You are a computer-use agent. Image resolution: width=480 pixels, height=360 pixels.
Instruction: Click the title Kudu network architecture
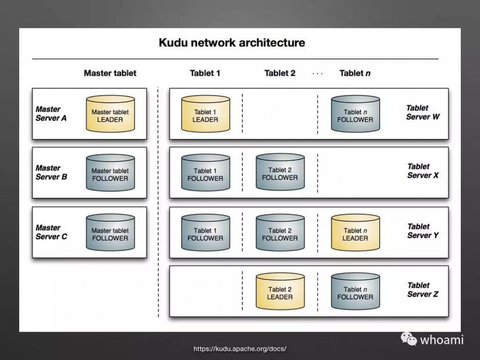pyautogui.click(x=232, y=43)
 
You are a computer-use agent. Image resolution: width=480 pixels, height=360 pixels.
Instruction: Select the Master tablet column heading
pyautogui.click(x=110, y=73)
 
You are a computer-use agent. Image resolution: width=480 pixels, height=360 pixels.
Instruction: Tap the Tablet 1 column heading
pyautogui.click(x=205, y=73)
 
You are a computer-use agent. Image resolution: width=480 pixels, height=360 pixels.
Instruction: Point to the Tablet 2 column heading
pyautogui.click(x=280, y=73)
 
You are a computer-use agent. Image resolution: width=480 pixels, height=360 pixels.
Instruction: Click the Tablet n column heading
pyautogui.click(x=355, y=73)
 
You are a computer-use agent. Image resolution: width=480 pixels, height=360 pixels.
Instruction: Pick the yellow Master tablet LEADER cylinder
pyautogui.click(x=110, y=115)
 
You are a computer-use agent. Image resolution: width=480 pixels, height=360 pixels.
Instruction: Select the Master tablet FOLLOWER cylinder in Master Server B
pyautogui.click(x=110, y=174)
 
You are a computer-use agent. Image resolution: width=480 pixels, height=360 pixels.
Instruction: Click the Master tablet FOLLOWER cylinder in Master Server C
pyautogui.click(x=110, y=233)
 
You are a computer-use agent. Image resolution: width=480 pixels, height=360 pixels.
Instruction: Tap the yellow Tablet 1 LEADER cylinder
pyautogui.click(x=205, y=115)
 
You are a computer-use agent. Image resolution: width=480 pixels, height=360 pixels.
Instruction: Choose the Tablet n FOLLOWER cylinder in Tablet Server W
pyautogui.click(x=355, y=115)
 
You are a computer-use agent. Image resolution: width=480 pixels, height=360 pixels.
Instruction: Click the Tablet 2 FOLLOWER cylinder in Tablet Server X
pyautogui.click(x=280, y=173)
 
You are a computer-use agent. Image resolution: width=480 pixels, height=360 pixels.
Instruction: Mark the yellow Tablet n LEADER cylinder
pyautogui.click(x=355, y=233)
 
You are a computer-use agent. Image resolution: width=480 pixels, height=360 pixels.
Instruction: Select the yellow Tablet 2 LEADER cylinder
pyautogui.click(x=280, y=292)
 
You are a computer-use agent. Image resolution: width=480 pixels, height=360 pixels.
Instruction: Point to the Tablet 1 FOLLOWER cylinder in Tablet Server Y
pyautogui.click(x=205, y=233)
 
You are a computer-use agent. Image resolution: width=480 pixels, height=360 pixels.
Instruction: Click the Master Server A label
pyautogui.click(x=51, y=113)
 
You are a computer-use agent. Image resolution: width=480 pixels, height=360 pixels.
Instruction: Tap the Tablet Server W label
pyautogui.click(x=422, y=112)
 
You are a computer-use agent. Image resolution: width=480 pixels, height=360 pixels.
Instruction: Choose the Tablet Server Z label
pyautogui.click(x=422, y=290)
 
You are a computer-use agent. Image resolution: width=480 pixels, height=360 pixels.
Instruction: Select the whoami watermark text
pyautogui.click(x=442, y=340)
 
